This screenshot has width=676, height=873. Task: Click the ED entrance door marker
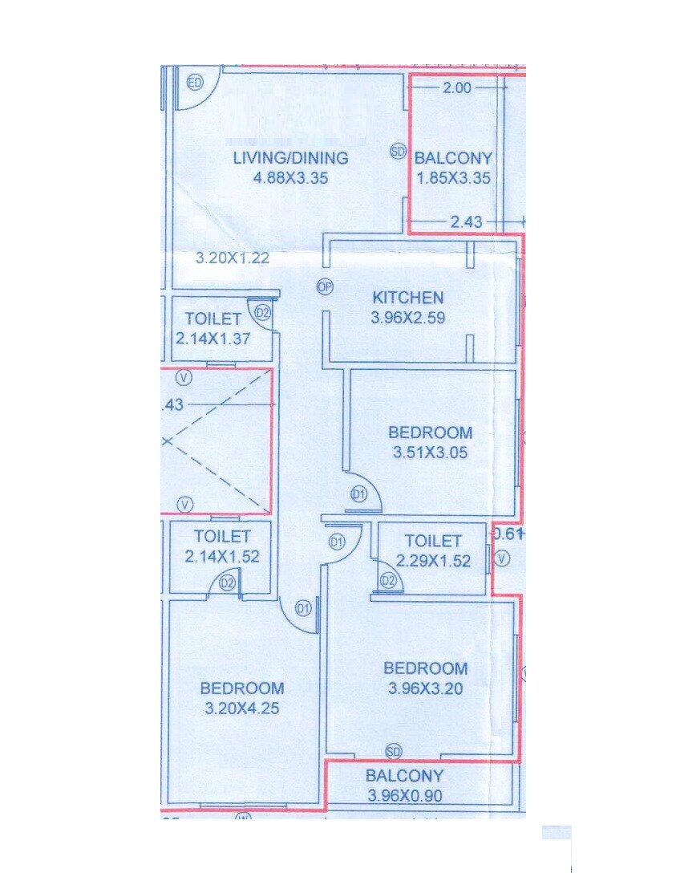(195, 83)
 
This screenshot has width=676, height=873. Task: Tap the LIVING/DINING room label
(290, 158)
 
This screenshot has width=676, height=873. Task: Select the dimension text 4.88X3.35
(290, 178)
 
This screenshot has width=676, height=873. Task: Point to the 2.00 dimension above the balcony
(457, 88)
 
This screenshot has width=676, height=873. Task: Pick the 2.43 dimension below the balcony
(466, 222)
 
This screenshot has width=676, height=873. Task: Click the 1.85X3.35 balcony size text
(453, 178)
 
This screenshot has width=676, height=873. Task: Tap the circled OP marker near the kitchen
(325, 286)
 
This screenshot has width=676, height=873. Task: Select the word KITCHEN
(408, 298)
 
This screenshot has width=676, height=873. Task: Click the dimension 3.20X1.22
(233, 258)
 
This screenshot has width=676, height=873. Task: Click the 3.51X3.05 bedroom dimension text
(431, 453)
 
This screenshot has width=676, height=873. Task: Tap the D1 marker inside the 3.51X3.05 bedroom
(358, 494)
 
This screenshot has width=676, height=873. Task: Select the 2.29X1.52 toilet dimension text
(433, 561)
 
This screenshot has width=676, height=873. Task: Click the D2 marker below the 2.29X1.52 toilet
(388, 580)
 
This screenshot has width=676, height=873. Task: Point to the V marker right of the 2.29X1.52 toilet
(502, 558)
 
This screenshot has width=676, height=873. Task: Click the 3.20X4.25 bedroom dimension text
(242, 709)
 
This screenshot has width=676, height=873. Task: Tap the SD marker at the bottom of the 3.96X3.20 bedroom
(393, 751)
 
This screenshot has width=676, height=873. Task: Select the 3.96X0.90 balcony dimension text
(404, 796)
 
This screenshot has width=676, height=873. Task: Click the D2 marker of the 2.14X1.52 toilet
(228, 583)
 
